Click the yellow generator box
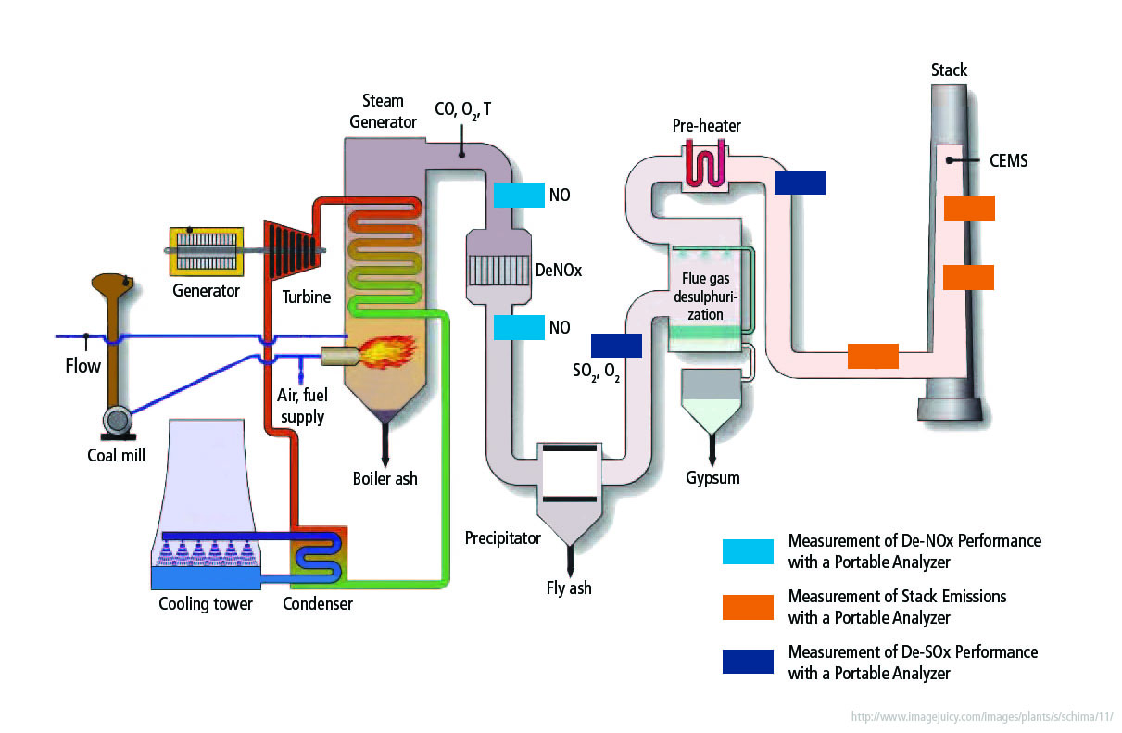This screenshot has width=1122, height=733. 205,251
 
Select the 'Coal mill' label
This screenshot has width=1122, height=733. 115,455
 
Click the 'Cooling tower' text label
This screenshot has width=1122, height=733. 205,604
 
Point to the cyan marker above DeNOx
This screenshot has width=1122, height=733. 519,194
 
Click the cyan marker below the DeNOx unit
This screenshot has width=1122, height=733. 519,327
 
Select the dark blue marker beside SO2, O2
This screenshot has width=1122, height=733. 616,345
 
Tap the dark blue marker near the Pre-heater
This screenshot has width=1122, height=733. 799,183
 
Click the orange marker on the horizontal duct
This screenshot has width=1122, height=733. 873,356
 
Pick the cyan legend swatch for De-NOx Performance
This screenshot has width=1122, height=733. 748,551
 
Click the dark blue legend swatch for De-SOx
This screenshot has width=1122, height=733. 748,662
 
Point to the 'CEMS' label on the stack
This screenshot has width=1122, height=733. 1007,161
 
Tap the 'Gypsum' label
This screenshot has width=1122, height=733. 712,478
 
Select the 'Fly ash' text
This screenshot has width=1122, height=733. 569,588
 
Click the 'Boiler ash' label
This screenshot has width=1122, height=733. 385,479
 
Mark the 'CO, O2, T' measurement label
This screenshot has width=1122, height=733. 463,109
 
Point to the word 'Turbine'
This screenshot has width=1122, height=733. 307,297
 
